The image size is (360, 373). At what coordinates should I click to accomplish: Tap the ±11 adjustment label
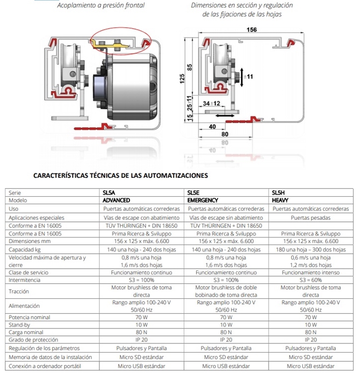click(249, 77)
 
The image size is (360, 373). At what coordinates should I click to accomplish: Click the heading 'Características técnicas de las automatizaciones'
click(120, 175)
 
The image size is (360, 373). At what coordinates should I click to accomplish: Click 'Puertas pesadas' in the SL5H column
click(310, 218)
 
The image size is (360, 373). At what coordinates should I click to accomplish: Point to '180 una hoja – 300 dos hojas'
click(310, 250)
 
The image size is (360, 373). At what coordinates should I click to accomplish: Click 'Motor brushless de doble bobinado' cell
click(225, 291)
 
